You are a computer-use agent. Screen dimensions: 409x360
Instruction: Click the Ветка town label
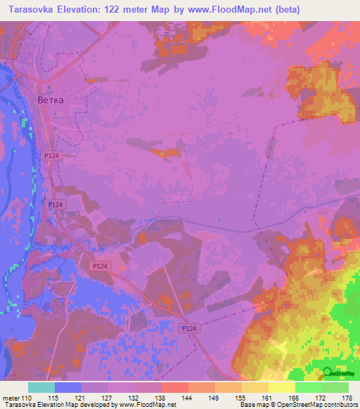coord(50,100)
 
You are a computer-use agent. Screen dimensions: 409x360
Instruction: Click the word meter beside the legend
coord(10,398)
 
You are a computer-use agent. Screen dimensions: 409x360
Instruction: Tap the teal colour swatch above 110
coord(41,387)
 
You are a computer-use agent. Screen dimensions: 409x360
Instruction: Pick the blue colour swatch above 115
coord(68,387)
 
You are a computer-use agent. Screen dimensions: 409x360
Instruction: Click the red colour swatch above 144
coord(174,387)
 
